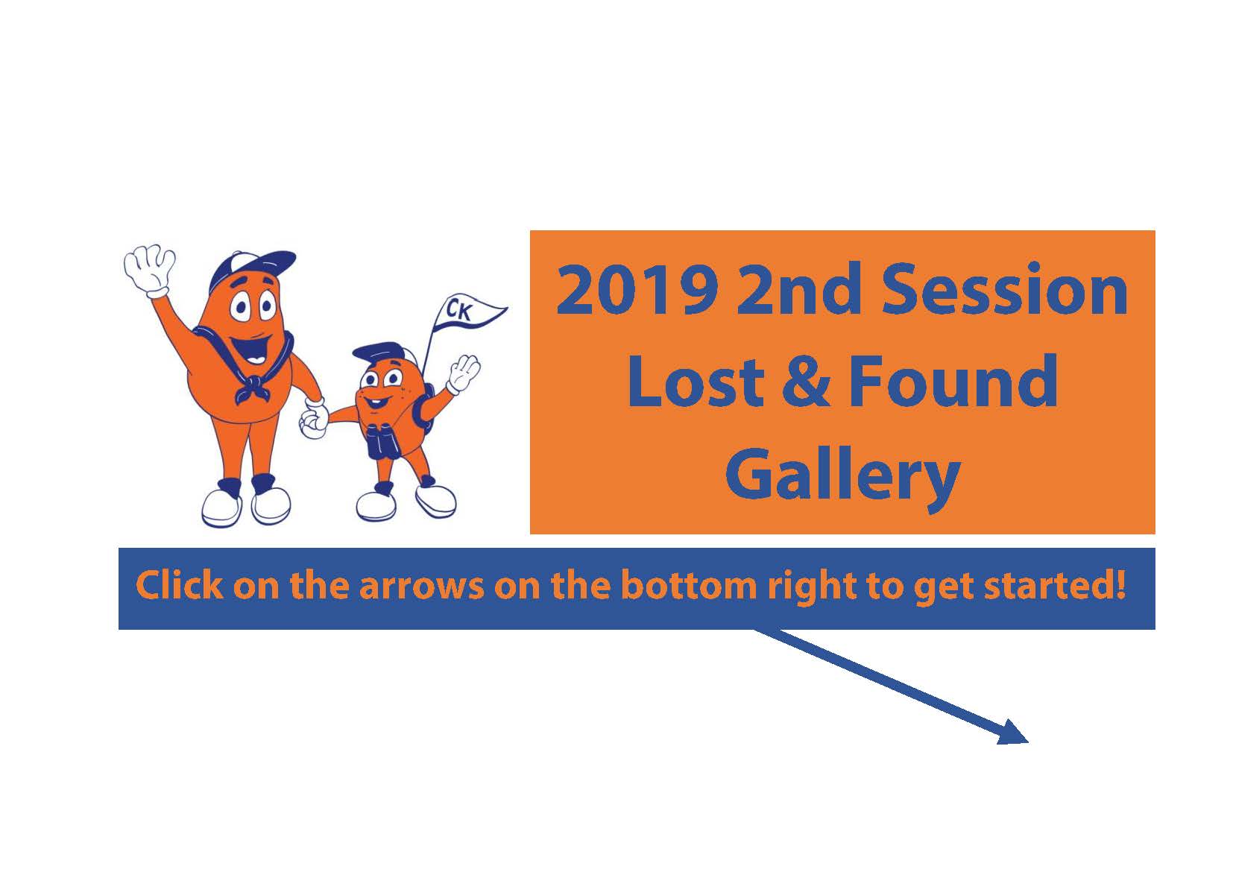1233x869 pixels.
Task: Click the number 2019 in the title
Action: (637, 289)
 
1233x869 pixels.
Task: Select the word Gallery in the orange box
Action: (842, 477)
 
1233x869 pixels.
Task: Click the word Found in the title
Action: (953, 380)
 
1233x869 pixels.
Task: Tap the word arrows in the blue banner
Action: (422, 587)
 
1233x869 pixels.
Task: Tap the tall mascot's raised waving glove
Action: (149, 271)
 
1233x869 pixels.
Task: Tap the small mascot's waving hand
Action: (463, 373)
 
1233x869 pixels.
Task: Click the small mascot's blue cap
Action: (379, 354)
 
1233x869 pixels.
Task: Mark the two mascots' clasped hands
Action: (314, 419)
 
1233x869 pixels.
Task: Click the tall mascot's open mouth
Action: (253, 350)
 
